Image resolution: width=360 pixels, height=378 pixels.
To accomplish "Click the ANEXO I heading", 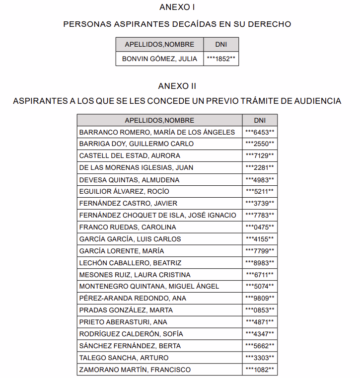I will point(177,7).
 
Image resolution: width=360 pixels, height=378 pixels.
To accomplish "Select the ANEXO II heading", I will point(177,86).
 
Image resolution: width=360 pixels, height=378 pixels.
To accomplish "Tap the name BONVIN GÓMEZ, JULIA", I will point(160,59).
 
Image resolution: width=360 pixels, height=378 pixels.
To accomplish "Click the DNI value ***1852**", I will point(221,59).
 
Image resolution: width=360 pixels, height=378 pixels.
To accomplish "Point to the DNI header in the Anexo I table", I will point(221,44).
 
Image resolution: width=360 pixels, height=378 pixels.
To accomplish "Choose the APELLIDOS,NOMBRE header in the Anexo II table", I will point(159,120).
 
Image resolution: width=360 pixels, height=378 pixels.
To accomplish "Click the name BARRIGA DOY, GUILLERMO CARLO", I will point(137,144).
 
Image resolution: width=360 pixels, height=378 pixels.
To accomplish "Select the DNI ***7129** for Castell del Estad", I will point(260,156).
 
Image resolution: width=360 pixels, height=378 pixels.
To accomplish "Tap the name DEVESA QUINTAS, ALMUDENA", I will point(129,180).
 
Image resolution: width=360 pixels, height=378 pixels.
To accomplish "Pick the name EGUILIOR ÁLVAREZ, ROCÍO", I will point(124,192).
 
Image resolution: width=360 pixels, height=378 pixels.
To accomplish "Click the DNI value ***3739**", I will point(260,203).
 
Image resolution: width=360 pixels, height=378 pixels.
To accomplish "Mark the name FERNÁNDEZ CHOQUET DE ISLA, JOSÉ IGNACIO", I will point(157,215).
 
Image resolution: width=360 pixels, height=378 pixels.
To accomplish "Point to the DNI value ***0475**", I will point(260,227).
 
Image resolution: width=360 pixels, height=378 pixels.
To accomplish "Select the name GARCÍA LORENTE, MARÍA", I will point(121,251).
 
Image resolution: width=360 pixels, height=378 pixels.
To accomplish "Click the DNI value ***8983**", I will point(260,263).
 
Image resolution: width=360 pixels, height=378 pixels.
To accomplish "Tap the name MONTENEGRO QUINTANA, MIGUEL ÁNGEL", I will point(149,286).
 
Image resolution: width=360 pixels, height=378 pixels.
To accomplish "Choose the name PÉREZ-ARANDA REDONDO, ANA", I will point(132,298).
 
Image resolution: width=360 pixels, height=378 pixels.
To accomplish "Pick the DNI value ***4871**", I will point(260,322).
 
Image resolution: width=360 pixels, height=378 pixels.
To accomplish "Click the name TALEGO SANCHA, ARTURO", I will point(124,358).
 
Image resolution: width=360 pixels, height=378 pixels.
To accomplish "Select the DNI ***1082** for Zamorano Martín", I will point(260,370).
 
